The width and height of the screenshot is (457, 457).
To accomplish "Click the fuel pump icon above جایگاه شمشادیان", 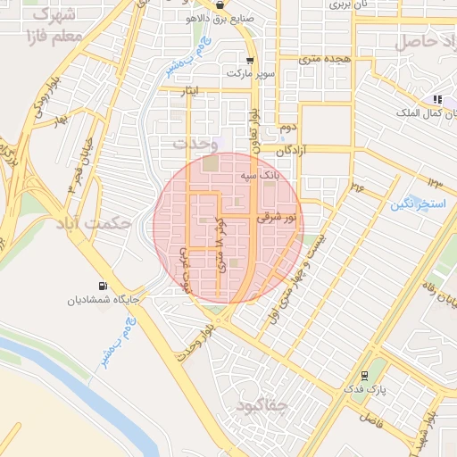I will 104,287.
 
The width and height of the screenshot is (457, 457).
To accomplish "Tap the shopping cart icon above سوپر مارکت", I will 250,62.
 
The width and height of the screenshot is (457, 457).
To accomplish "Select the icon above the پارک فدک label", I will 364,376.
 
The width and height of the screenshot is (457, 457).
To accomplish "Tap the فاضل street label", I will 370,418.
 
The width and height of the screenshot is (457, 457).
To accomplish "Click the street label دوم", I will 287,128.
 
